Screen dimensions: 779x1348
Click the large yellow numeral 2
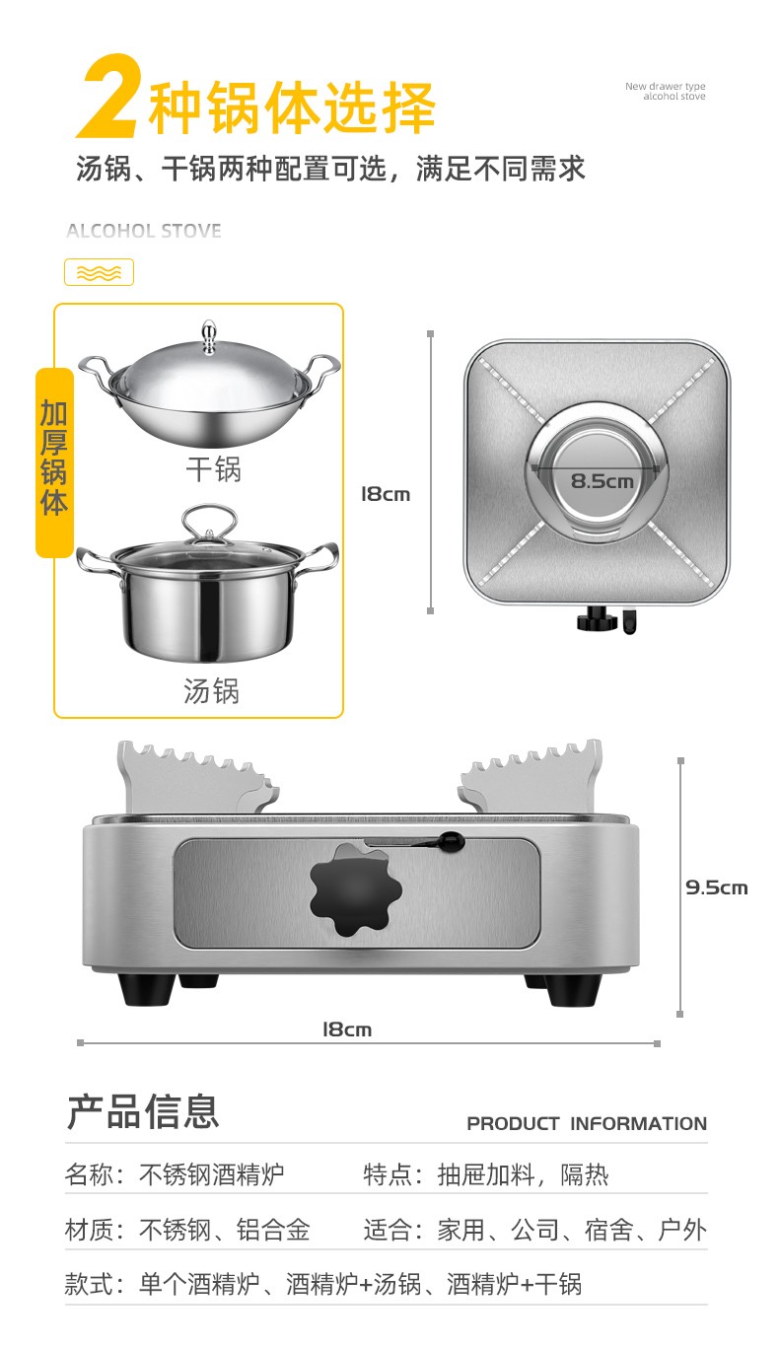tap(109, 97)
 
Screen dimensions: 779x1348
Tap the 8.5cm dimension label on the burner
tap(602, 481)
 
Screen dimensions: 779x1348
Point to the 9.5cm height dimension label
tap(717, 887)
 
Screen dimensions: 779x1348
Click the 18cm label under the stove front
tap(347, 1029)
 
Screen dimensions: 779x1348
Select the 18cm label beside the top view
tap(386, 494)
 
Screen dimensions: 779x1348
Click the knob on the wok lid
tap(209, 336)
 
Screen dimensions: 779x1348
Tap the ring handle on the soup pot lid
tap(209, 523)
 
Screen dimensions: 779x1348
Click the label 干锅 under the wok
tap(213, 469)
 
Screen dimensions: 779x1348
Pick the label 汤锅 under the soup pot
tap(211, 691)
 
